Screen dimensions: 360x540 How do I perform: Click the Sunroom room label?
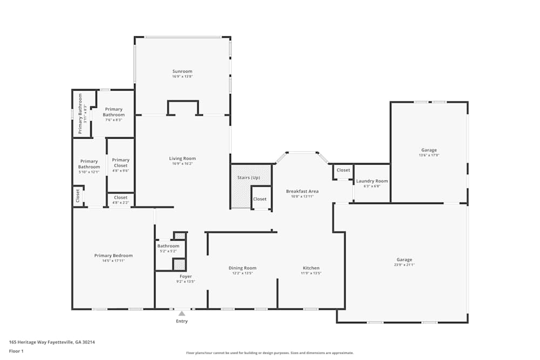[x=182, y=71]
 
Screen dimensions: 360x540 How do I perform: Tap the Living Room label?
[x=182, y=158]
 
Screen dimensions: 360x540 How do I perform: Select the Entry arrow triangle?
[x=182, y=313]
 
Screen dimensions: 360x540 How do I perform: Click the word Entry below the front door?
[x=182, y=321]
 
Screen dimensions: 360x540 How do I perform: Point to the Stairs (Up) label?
[x=248, y=178]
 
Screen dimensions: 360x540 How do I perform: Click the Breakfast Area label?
[x=302, y=191]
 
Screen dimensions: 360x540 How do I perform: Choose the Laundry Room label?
[x=372, y=181]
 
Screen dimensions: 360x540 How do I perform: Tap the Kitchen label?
[x=311, y=268]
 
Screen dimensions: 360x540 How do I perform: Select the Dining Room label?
[x=242, y=268]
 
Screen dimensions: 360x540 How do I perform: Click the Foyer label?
[x=185, y=276]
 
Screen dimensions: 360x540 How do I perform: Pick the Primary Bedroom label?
[x=113, y=255]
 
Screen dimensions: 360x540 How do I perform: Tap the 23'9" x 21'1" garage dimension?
[x=403, y=265]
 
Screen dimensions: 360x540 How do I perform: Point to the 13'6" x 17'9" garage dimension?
[x=429, y=155]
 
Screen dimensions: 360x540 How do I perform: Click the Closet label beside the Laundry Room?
[x=343, y=170]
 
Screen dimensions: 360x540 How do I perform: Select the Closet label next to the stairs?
[x=260, y=199]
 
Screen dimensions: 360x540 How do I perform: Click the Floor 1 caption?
[x=16, y=351]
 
